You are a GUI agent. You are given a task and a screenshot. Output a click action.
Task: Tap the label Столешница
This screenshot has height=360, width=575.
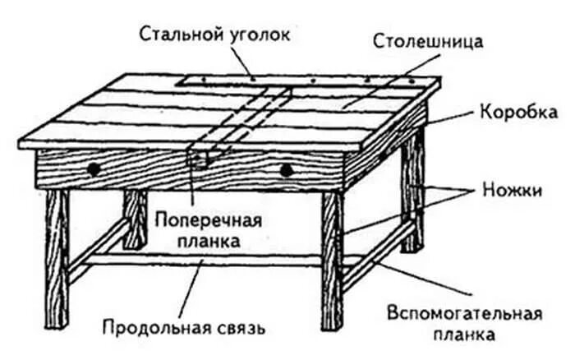tap(427, 41)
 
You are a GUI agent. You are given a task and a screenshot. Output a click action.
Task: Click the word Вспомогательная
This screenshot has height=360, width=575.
tap(465, 315)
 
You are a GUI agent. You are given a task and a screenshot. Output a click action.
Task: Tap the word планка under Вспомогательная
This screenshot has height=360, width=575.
tap(465, 335)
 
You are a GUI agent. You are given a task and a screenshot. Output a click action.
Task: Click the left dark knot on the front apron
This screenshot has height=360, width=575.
tap(94, 168)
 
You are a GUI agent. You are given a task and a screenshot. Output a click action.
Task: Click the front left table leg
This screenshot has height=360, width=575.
tap(56, 247)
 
